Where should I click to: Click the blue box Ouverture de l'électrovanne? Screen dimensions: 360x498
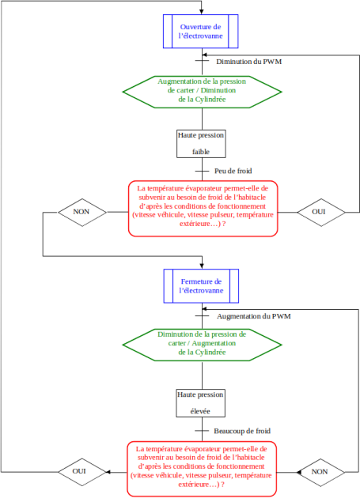click(x=201, y=31)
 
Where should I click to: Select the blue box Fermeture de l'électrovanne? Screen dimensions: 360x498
click(x=201, y=286)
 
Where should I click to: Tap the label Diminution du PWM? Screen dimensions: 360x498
click(x=249, y=62)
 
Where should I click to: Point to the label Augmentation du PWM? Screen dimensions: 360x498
click(x=254, y=316)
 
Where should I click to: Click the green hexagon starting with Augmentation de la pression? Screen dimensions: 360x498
click(x=202, y=92)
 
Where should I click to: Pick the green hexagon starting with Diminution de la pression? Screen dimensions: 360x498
click(x=202, y=345)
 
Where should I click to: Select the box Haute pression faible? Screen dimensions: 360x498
click(x=201, y=144)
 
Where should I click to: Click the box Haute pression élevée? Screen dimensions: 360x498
click(x=201, y=403)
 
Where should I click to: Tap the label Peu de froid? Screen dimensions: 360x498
click(x=233, y=171)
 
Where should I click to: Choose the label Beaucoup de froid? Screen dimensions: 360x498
click(x=242, y=431)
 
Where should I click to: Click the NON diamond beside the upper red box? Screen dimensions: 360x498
click(x=82, y=212)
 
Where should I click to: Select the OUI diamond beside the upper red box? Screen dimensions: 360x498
click(x=321, y=212)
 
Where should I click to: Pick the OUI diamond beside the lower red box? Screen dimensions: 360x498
click(x=81, y=472)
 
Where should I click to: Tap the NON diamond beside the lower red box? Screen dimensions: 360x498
click(x=321, y=472)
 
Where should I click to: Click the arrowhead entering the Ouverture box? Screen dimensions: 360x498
click(x=201, y=12)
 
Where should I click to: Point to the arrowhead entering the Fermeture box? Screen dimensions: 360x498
click(x=202, y=266)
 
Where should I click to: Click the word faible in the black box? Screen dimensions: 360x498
click(x=201, y=152)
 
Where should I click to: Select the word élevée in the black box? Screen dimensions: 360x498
click(x=200, y=411)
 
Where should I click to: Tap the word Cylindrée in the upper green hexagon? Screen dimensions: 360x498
click(x=210, y=100)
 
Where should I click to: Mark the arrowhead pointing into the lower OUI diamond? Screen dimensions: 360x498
click(x=108, y=472)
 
